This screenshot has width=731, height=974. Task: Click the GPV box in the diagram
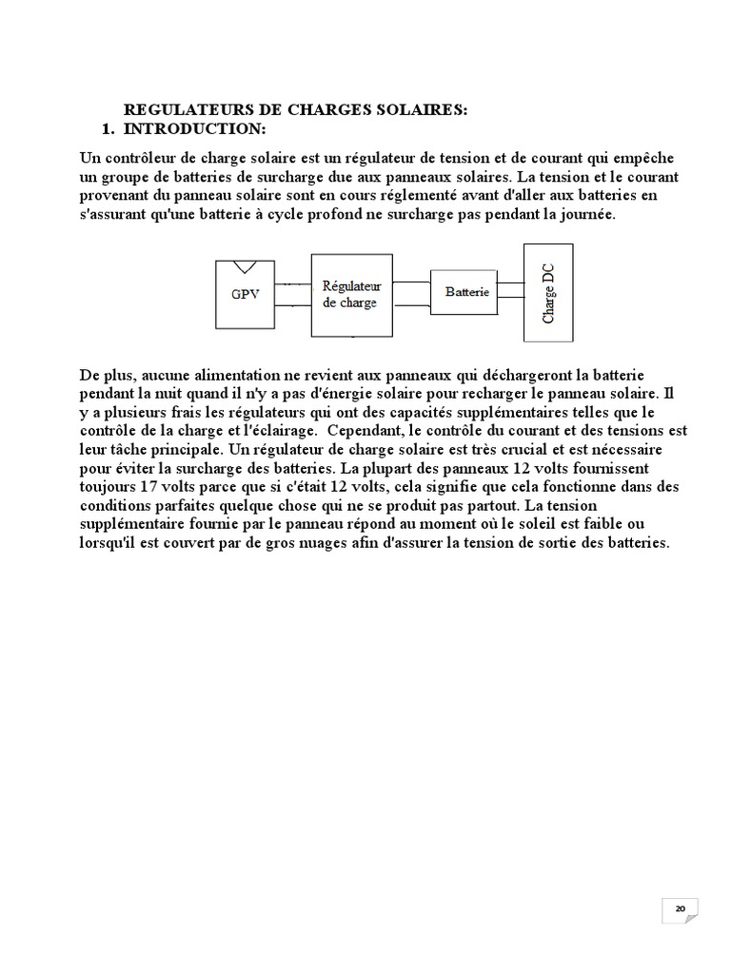pos(245,293)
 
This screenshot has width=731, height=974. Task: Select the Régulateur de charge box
pos(351,294)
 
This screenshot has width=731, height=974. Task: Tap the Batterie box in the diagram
pos(466,292)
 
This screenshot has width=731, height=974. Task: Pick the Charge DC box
pos(547,292)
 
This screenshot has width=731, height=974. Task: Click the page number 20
pos(680,909)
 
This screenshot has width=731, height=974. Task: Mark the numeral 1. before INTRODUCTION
pos(108,127)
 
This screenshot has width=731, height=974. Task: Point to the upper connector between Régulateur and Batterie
pos(412,282)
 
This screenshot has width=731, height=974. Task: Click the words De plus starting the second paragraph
pos(103,376)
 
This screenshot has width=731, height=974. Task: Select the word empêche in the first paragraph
pos(653,157)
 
